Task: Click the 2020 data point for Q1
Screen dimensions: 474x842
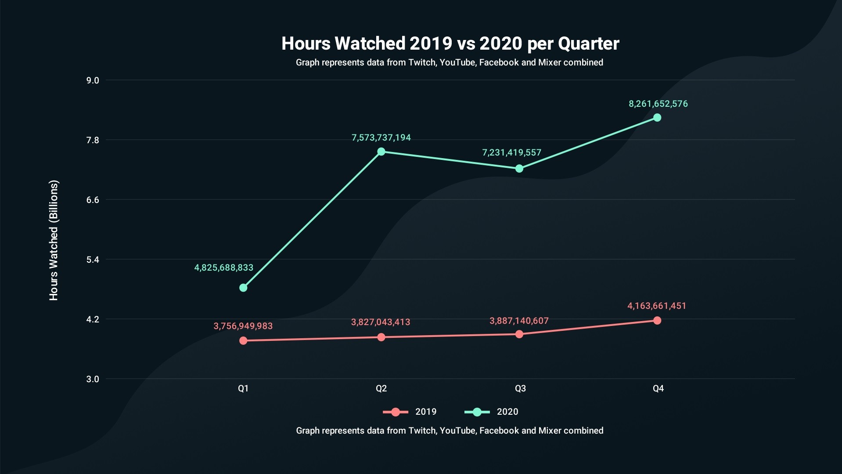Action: (x=243, y=288)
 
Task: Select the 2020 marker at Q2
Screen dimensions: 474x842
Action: (x=381, y=152)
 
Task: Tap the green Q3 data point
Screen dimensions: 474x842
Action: (x=519, y=169)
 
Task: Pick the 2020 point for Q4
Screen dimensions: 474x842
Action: (x=657, y=118)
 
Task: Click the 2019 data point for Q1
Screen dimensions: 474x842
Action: (x=243, y=341)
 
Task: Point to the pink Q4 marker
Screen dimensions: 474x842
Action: (x=657, y=321)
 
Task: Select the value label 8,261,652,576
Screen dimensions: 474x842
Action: (x=658, y=104)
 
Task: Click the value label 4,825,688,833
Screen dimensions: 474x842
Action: (x=224, y=268)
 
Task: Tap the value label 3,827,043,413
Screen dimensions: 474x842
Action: (x=381, y=322)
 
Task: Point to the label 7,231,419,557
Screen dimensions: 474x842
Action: (x=512, y=153)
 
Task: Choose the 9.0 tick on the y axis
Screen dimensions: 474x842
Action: (x=93, y=80)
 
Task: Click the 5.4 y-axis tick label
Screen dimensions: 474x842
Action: (x=93, y=260)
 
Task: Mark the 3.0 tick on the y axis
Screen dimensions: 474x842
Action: (x=93, y=379)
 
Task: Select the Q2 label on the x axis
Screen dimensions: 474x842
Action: (x=381, y=388)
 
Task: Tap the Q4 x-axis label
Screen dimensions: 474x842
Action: (x=658, y=388)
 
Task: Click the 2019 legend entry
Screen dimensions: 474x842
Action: (x=410, y=412)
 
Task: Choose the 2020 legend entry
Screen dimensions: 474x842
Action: (x=492, y=412)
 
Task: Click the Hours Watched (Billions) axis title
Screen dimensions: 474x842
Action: (x=54, y=240)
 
